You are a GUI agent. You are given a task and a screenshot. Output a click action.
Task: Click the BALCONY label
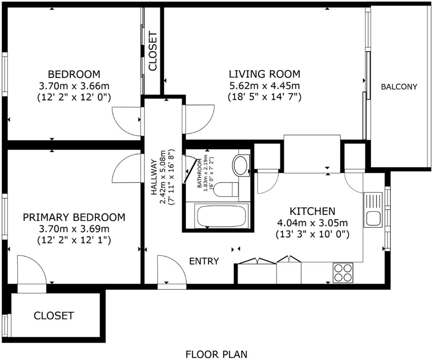tap(399, 87)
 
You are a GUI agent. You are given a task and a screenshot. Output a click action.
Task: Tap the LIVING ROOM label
tap(265, 74)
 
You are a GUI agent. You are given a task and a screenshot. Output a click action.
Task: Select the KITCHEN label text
tap(313, 211)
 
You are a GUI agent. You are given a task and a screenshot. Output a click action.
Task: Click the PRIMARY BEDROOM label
tap(74, 217)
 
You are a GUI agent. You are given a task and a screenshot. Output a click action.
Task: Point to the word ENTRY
tap(204, 261)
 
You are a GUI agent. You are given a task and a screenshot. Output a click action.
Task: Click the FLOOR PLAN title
tap(216, 354)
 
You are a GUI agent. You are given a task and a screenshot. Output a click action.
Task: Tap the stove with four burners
tap(343, 272)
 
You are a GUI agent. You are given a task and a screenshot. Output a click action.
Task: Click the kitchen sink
tap(373, 210)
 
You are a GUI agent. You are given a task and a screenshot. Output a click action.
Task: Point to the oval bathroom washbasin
tap(241, 165)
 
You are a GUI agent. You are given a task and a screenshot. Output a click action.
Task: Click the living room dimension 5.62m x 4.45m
tap(265, 86)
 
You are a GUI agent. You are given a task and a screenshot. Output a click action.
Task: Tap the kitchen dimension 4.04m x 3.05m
tap(313, 223)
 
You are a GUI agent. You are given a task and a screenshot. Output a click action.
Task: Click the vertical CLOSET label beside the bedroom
tap(152, 51)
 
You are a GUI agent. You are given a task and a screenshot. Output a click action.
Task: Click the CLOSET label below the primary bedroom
tap(54, 315)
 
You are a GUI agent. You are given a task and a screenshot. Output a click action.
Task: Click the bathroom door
tap(190, 171)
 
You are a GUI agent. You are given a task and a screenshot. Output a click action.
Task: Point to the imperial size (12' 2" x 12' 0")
tap(74, 97)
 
